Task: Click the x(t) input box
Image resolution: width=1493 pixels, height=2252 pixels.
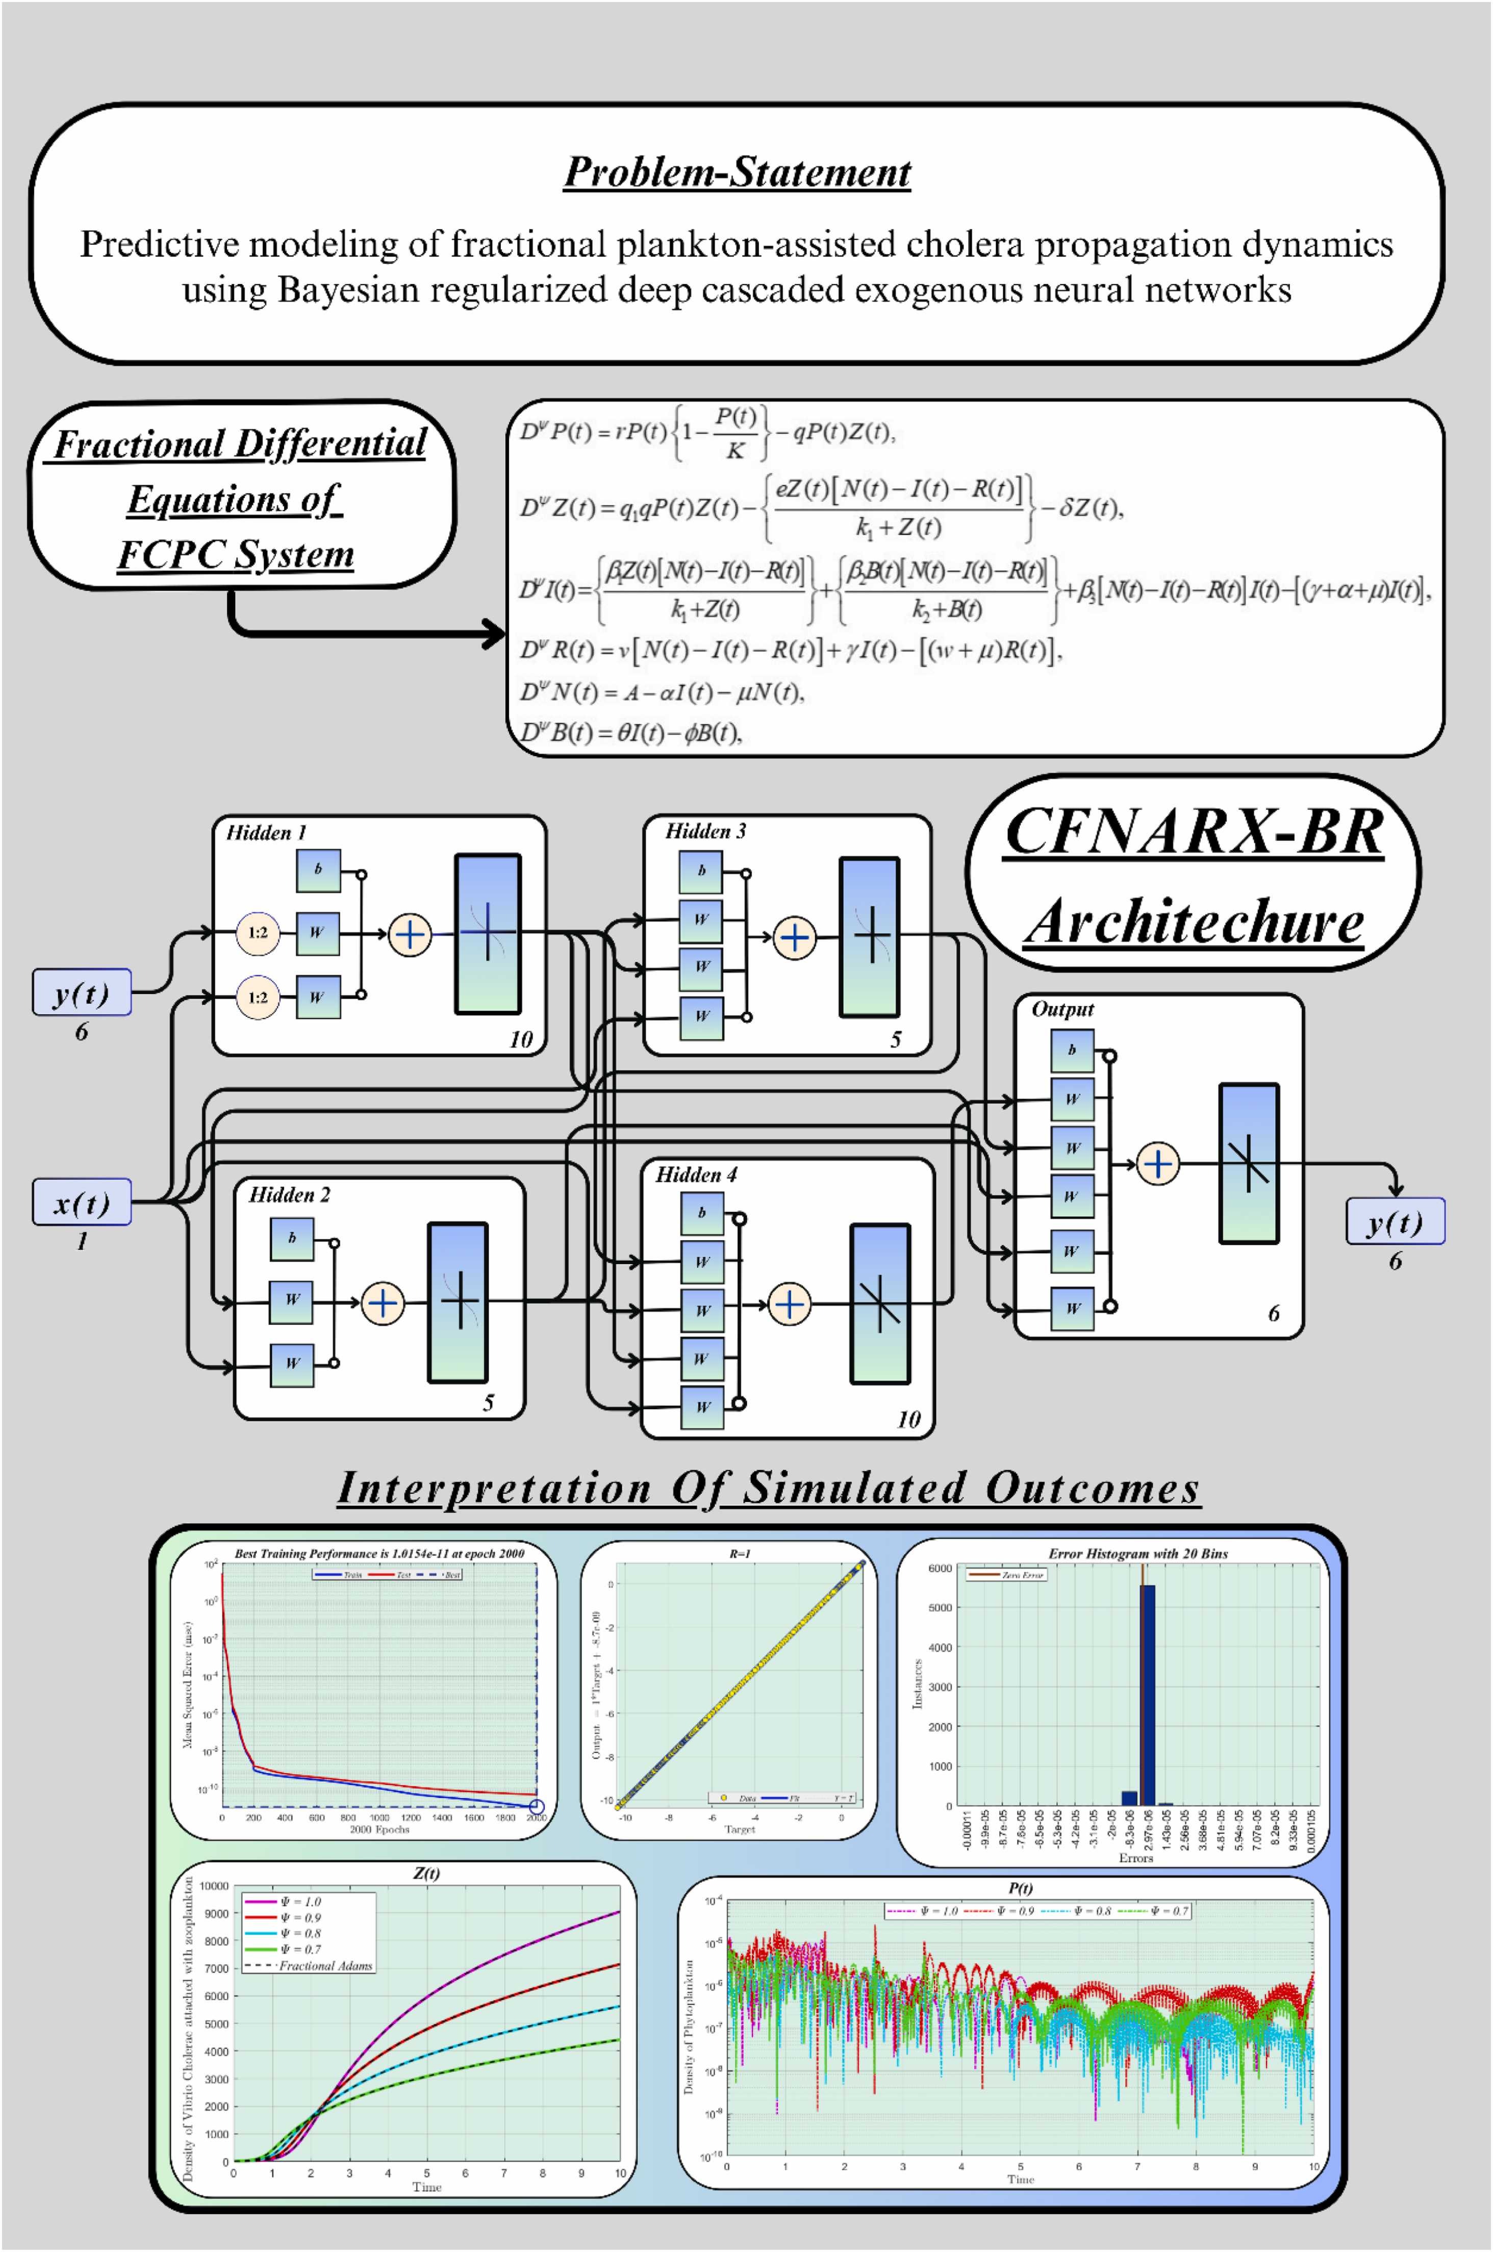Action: pyautogui.click(x=81, y=1203)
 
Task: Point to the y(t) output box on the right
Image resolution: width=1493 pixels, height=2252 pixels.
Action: pyautogui.click(x=1394, y=1221)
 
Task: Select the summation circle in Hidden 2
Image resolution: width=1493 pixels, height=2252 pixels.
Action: pyautogui.click(x=383, y=1303)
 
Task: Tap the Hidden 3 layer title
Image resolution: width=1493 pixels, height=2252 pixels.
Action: pyautogui.click(x=705, y=831)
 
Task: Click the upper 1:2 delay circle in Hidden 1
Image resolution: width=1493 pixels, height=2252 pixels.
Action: pyautogui.click(x=258, y=933)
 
